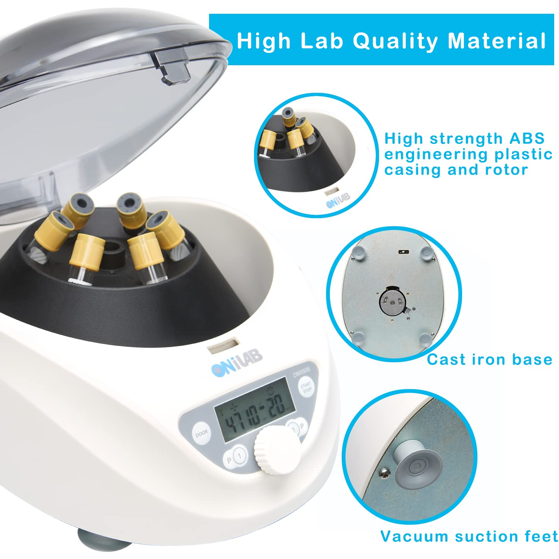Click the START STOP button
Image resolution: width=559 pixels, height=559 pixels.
(307, 387)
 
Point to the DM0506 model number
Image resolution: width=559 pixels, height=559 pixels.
(301, 371)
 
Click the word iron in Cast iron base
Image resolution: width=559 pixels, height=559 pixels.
(490, 360)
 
